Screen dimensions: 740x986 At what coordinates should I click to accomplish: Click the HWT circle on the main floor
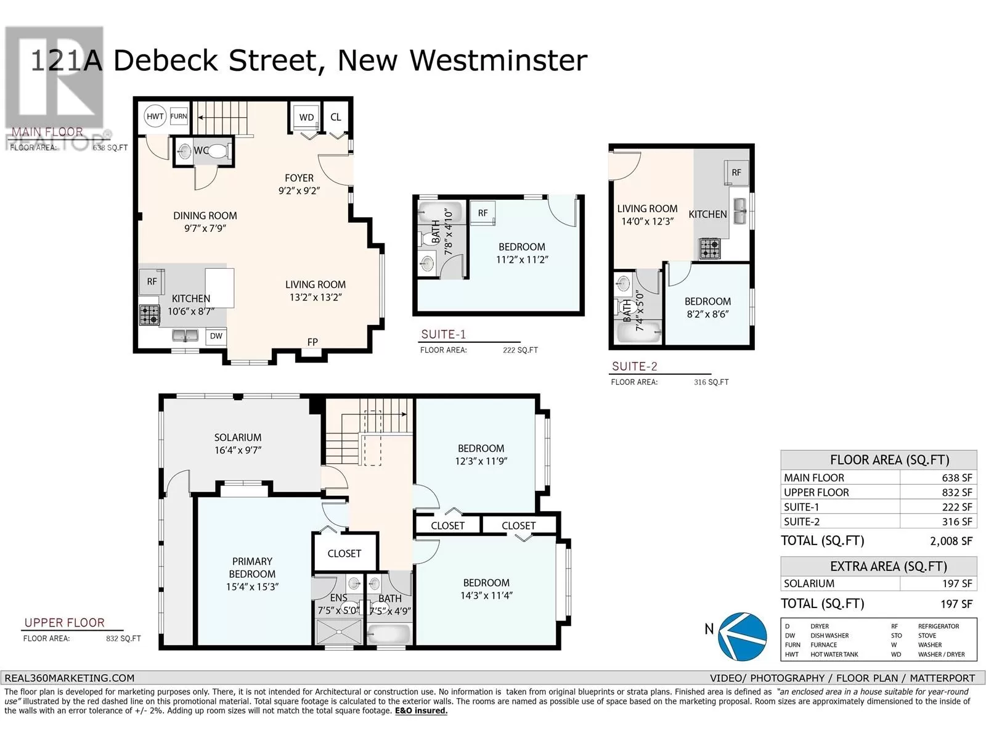coord(155,116)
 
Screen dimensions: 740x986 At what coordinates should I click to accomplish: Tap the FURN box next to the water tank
coord(179,116)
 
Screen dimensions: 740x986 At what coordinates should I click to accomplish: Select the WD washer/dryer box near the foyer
coord(306,117)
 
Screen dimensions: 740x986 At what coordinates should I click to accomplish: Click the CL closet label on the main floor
coord(336,117)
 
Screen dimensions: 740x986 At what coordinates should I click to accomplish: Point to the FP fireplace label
coord(312,342)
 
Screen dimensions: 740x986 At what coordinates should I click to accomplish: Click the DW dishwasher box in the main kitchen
coord(216,336)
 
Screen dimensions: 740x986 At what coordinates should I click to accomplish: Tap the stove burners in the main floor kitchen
coord(149,315)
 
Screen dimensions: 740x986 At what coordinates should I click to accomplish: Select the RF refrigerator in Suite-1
coord(483,213)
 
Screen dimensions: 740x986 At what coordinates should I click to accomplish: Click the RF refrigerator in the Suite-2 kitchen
coord(736,173)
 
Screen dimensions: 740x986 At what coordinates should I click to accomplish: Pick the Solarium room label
coord(238,437)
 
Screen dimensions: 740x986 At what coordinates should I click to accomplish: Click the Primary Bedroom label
coord(252,567)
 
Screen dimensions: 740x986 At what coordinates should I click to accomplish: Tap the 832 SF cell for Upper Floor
coord(957,492)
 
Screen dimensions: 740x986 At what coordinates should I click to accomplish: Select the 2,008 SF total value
coord(951,541)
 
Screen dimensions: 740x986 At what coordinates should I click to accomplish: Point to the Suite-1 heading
coord(443,335)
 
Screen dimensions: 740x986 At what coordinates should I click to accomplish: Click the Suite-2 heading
coord(634,366)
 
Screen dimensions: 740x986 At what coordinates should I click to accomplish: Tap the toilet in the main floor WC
coord(217,150)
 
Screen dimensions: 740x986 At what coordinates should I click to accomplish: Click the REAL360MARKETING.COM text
coord(69,678)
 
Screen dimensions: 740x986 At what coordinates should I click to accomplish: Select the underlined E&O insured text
coord(421,710)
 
